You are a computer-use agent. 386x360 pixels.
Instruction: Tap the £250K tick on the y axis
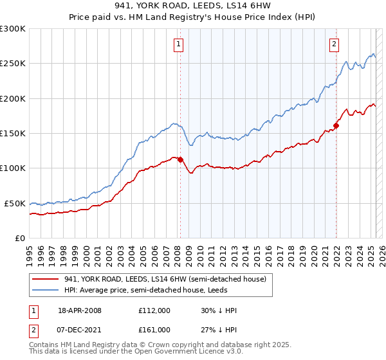[13, 64]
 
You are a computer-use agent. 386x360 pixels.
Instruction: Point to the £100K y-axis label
[13, 168]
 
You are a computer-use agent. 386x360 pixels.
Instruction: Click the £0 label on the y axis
[19, 238]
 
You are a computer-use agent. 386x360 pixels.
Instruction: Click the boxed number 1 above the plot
[178, 44]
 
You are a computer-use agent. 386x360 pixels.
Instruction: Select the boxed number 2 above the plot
[335, 44]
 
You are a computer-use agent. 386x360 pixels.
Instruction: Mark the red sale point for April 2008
[180, 159]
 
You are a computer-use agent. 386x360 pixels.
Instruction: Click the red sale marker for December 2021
[336, 126]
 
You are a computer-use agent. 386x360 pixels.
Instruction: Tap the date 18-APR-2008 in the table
[80, 310]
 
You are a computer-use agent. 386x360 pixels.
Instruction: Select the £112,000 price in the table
[154, 310]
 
